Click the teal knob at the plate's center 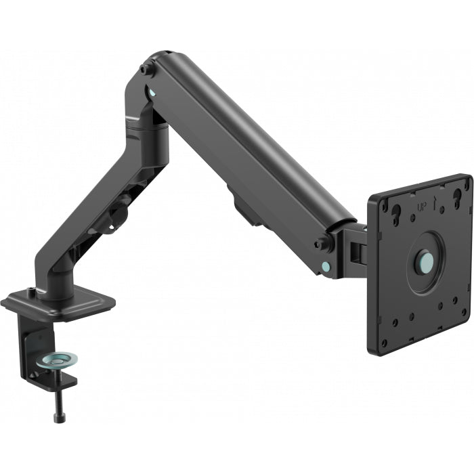tap(425, 261)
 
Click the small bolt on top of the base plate tap(30, 292)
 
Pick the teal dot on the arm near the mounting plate tap(327, 265)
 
